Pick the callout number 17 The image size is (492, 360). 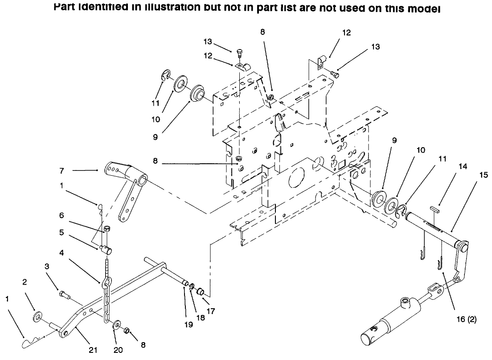[211, 311]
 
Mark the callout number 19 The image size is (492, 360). [189, 325]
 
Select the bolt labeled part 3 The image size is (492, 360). [63, 294]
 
